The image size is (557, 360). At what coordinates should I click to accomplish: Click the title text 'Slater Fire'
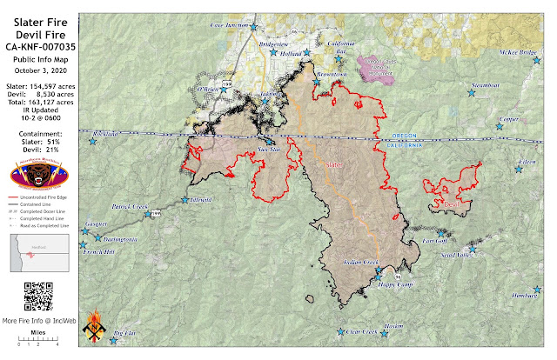(37, 20)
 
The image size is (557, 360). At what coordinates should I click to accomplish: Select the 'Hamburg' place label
(526, 297)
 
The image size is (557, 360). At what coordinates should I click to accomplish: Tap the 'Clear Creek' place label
(358, 331)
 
